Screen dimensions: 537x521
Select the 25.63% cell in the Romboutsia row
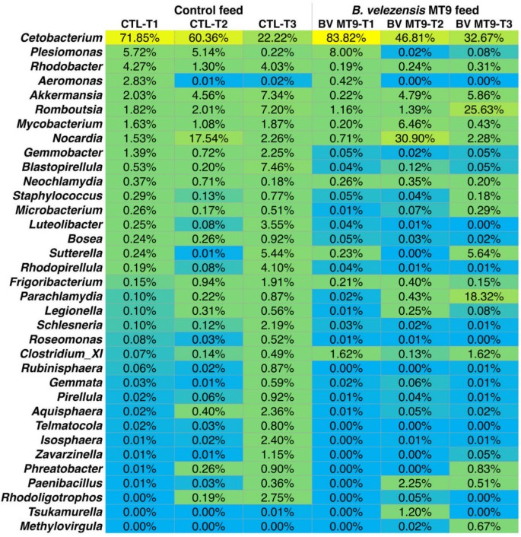485,110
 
